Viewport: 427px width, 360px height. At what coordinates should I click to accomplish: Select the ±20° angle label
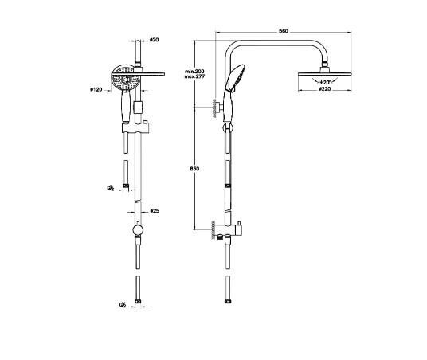(x=325, y=83)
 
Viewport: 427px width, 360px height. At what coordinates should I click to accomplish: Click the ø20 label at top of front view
(x=155, y=38)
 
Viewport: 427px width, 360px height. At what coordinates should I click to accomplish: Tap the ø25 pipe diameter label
(x=156, y=211)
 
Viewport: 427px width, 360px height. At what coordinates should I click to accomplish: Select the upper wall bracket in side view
(x=217, y=105)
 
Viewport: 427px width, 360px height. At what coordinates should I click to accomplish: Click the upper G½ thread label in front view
(x=111, y=188)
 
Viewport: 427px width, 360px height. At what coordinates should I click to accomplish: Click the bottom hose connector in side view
(x=227, y=303)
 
